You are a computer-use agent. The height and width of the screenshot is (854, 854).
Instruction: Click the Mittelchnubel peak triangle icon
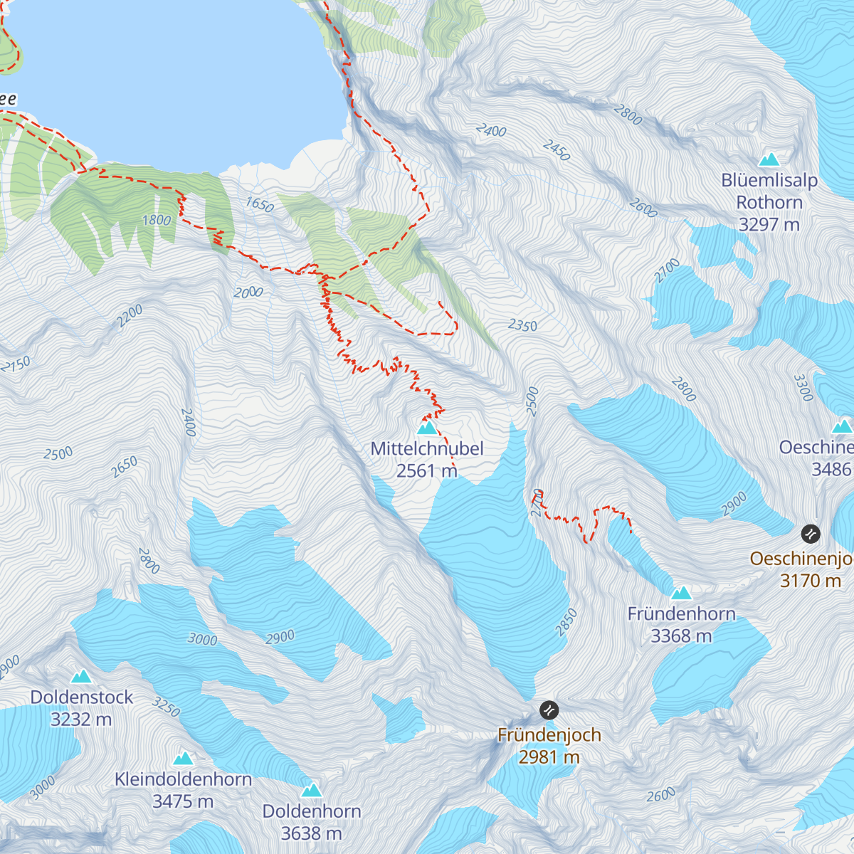426,428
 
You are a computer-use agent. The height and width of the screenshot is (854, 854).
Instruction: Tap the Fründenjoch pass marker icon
549,710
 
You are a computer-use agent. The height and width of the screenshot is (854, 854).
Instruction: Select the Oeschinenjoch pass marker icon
811,533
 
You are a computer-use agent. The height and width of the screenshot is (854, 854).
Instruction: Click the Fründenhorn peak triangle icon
681,593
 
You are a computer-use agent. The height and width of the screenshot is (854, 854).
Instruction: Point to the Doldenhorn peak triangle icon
311,790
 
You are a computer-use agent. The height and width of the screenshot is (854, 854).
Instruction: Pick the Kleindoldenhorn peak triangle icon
183,759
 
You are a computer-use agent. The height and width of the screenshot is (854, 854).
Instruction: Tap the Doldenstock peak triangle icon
81,676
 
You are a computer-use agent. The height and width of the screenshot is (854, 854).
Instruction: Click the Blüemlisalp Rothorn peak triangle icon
769,159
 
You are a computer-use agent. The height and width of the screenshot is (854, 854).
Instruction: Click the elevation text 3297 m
769,225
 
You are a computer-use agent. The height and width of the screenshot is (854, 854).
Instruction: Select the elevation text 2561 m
426,471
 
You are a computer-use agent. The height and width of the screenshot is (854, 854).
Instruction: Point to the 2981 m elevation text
549,757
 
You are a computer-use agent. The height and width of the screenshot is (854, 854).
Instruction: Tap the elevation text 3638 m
311,833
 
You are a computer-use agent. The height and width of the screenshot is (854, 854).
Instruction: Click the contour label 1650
260,206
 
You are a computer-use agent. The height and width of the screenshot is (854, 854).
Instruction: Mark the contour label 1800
157,221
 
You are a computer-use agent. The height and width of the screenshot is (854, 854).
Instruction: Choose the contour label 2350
522,326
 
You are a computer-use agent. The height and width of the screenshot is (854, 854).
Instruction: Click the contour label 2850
566,623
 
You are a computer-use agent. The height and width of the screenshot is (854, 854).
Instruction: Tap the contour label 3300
803,388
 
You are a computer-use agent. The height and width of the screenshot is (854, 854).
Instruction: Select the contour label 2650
125,468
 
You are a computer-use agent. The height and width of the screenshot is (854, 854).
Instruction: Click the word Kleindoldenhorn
183,780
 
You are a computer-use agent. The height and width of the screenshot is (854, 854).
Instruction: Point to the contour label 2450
556,150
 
